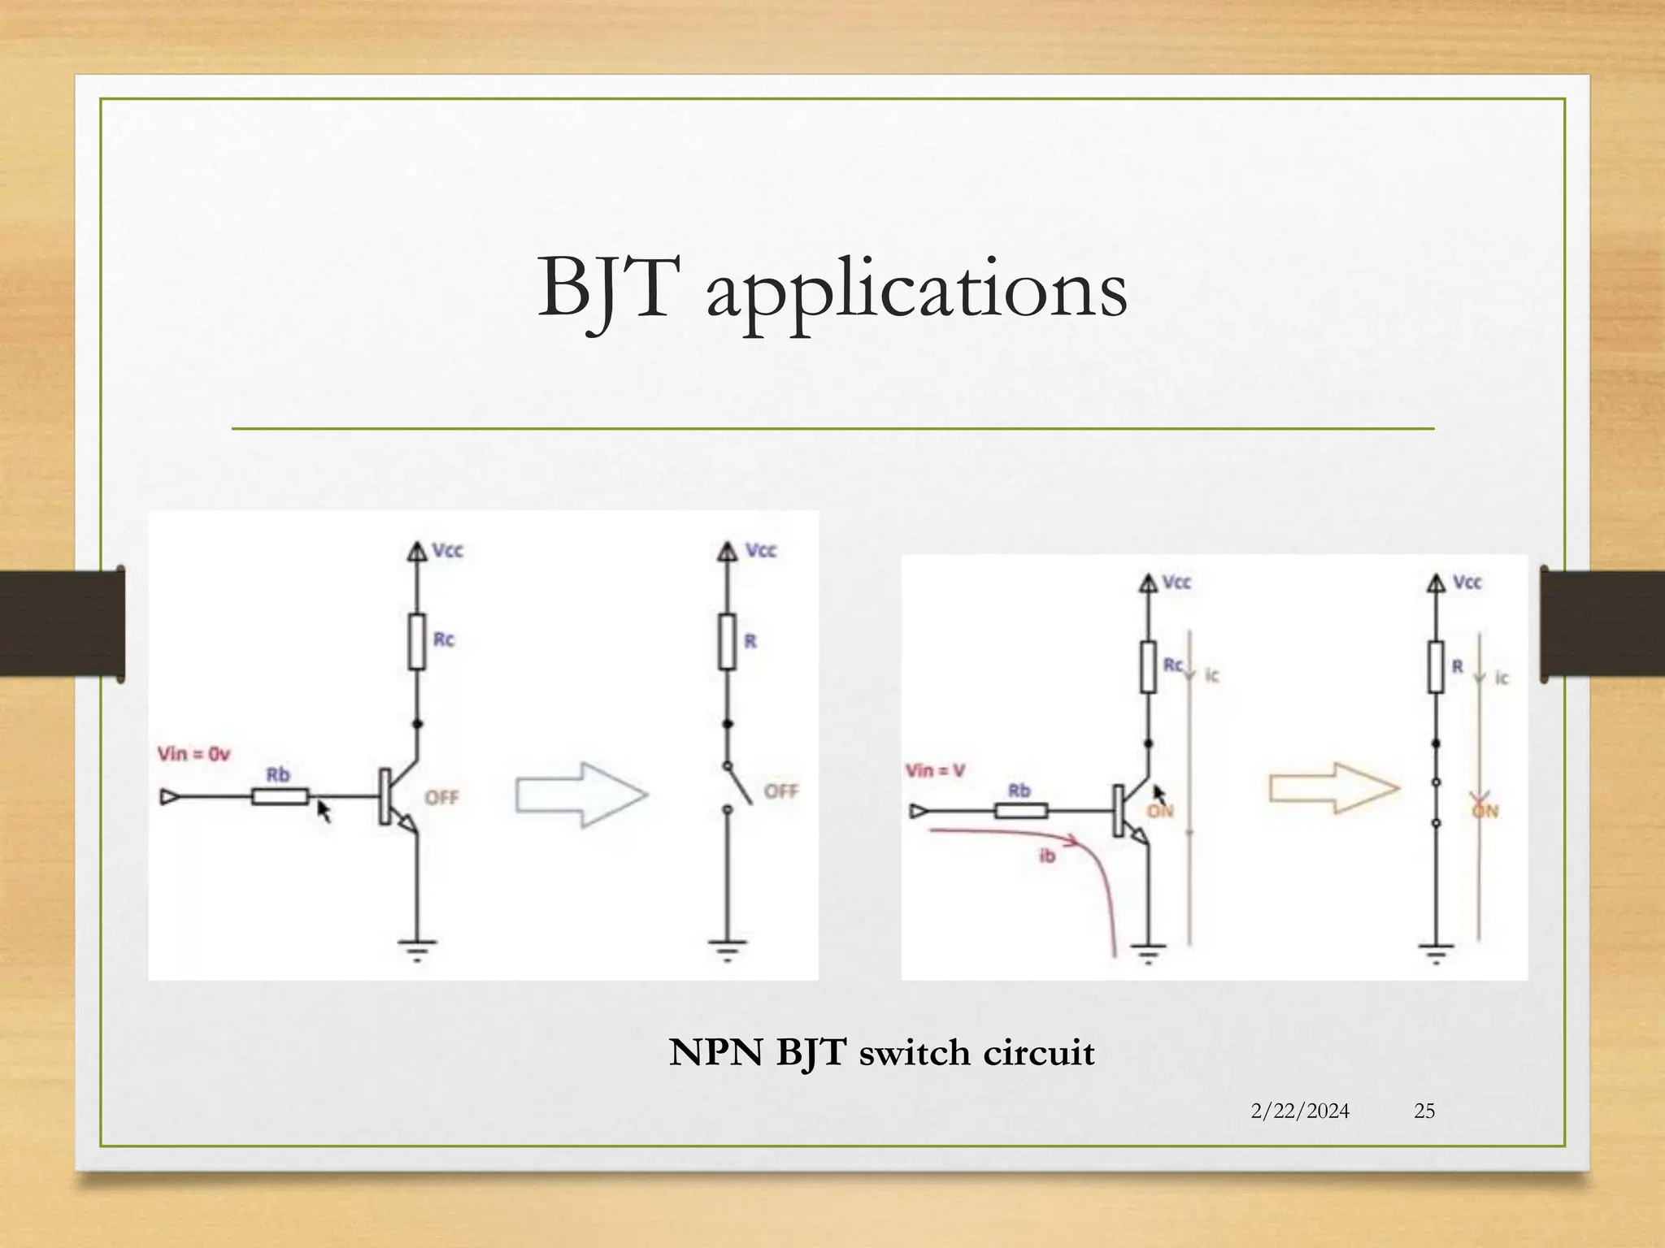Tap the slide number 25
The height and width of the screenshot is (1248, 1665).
pyautogui.click(x=1424, y=1111)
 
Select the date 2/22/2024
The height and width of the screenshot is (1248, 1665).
pyautogui.click(x=1300, y=1111)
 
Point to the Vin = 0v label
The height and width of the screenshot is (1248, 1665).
pyautogui.click(x=193, y=754)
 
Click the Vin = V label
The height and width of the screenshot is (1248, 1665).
pyautogui.click(x=935, y=770)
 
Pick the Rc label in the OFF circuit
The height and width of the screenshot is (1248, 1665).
pyautogui.click(x=443, y=639)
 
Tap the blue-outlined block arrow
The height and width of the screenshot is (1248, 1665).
pyautogui.click(x=581, y=795)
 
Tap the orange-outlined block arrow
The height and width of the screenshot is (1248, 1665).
pyautogui.click(x=1334, y=787)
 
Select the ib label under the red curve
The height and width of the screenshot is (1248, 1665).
pyautogui.click(x=1047, y=856)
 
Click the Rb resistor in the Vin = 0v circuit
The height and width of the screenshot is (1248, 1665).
pyautogui.click(x=280, y=797)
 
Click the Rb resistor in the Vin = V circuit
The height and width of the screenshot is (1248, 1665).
pyautogui.click(x=1020, y=810)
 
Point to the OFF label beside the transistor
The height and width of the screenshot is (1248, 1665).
pyautogui.click(x=441, y=798)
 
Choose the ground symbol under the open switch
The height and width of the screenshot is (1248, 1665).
pyautogui.click(x=727, y=948)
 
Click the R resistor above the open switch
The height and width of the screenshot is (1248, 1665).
pyautogui.click(x=727, y=642)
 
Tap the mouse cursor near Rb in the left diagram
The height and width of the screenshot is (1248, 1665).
pyautogui.click(x=324, y=811)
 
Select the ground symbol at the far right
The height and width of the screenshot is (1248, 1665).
pyautogui.click(x=1436, y=951)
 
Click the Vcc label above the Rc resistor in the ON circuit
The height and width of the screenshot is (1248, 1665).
pyautogui.click(x=1176, y=583)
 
